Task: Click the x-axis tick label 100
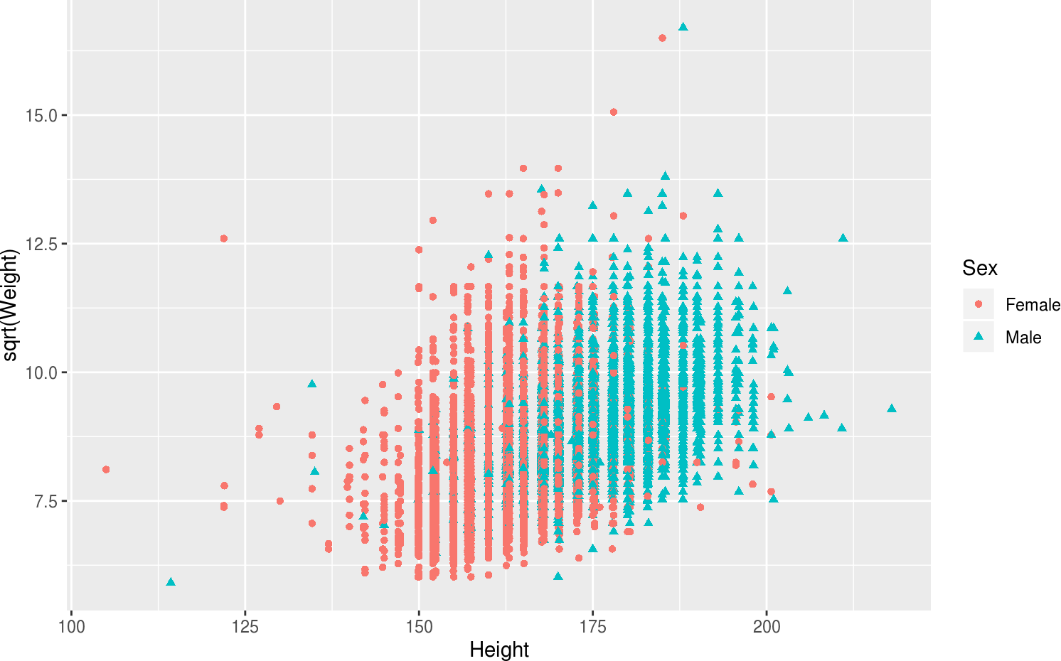[x=71, y=627]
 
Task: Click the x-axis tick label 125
[x=245, y=627]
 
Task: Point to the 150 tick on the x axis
[x=419, y=627]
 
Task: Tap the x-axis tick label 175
[x=592, y=627]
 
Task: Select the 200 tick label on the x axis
[x=767, y=627]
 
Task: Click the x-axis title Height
[x=499, y=650]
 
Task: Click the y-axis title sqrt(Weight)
[x=10, y=306]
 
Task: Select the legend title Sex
[x=979, y=268]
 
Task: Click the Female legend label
[x=1033, y=305]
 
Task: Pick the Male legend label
[x=1023, y=338]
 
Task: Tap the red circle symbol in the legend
[x=979, y=304]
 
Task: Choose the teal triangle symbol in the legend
[x=979, y=337]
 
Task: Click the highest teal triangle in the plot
[x=683, y=27]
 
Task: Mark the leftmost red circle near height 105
[x=106, y=469]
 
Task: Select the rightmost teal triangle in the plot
[x=892, y=408]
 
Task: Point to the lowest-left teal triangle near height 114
[x=171, y=582]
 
